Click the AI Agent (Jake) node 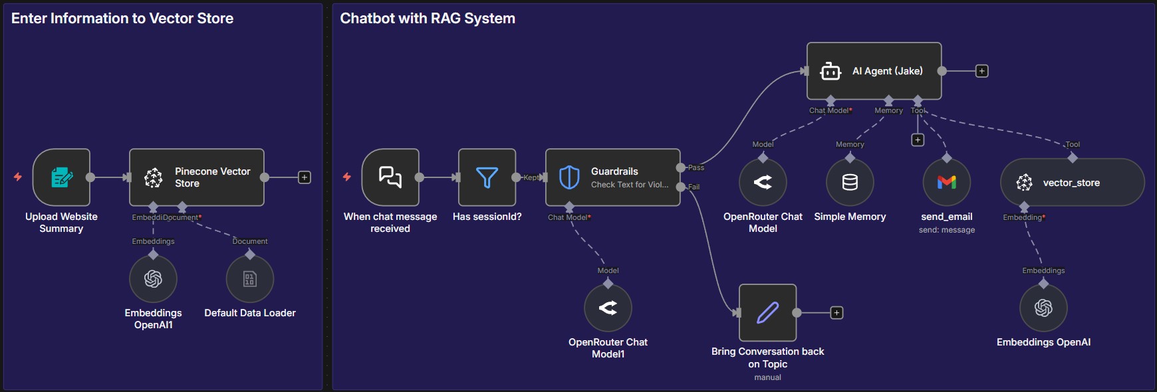pos(874,71)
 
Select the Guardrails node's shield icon pos(569,177)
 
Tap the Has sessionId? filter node pos(487,177)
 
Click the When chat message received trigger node pos(390,177)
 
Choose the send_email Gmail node pos(946,182)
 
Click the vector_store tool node pos(1071,183)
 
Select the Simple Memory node pos(850,182)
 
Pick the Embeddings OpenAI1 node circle pos(153,278)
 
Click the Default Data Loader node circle pos(250,278)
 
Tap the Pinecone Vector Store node pos(197,177)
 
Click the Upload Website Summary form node pos(61,177)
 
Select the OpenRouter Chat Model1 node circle pos(608,308)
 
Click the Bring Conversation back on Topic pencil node pos(767,312)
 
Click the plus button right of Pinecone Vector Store pos(305,177)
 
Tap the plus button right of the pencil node pos(836,313)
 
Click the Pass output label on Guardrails pos(696,167)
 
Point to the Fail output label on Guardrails pos(694,187)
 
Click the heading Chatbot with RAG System pos(428,19)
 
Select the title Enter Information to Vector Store pos(122,19)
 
